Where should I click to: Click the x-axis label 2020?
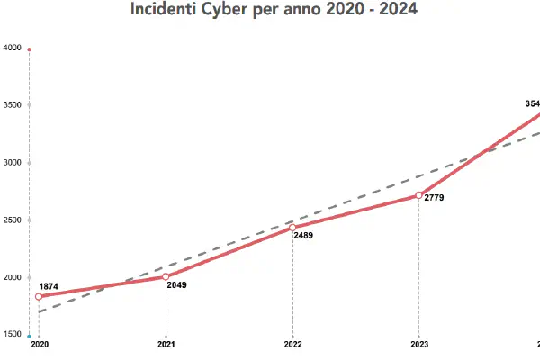[39, 344]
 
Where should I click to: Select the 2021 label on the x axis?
[166, 344]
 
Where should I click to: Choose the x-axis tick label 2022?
[292, 344]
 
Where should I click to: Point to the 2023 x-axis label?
[419, 344]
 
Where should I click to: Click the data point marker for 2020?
[39, 296]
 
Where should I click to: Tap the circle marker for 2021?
[166, 276]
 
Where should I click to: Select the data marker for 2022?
[292, 228]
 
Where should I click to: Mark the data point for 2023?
[419, 194]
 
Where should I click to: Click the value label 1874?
[49, 286]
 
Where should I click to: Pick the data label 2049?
[176, 284]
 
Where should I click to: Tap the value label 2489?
[303, 236]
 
